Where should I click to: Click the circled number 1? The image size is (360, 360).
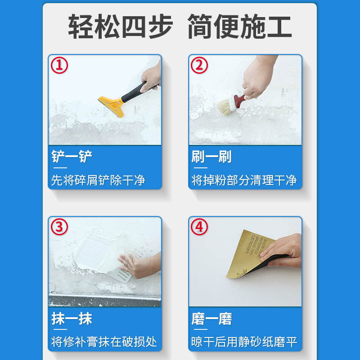[59, 66]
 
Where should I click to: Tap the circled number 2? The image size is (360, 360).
[199, 66]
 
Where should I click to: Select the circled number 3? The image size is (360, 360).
[59, 227]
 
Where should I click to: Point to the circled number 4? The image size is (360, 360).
[199, 227]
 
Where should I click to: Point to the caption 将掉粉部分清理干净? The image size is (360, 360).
[244, 180]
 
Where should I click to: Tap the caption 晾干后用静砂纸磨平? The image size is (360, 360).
[244, 342]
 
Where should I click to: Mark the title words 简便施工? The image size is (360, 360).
[239, 26]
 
